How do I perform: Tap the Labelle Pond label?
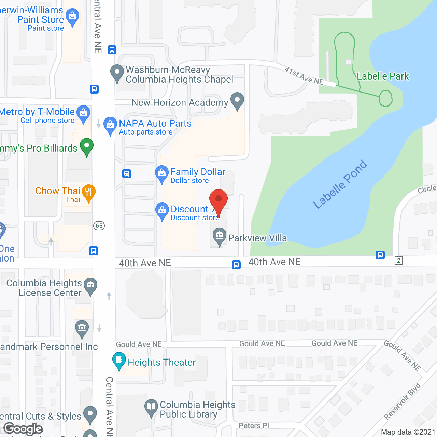340,184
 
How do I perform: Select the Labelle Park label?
383,76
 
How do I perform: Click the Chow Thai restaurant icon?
88,192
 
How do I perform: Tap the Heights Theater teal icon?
119,360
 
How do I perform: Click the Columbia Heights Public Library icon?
151,407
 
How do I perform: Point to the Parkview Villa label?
257,238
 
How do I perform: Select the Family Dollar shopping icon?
162,173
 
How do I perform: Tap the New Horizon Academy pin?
237,100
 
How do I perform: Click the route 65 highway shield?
99,225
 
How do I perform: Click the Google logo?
23,429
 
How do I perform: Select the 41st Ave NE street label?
304,76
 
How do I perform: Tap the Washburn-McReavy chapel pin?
117,72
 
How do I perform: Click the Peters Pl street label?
254,425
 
